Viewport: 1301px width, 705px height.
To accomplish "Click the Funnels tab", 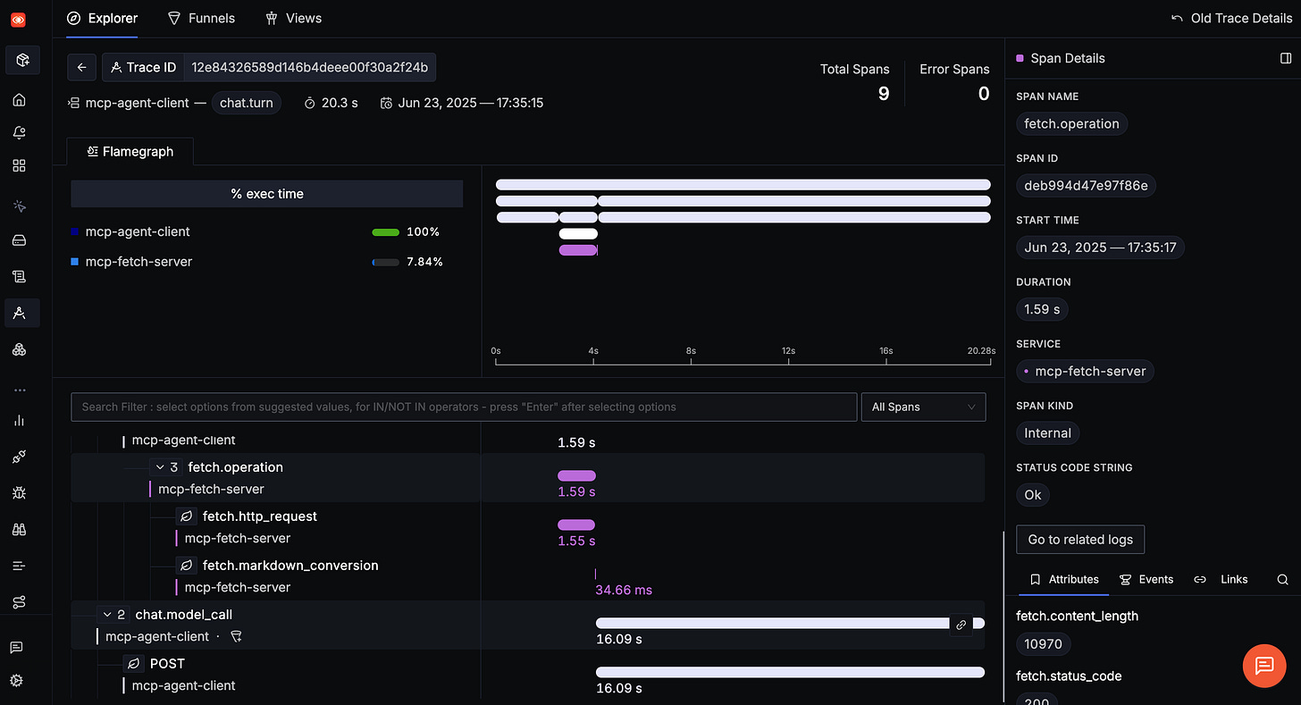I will click(202, 18).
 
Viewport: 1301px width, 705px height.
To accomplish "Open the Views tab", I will click(294, 18).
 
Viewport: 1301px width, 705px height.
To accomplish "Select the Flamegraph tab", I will click(130, 152).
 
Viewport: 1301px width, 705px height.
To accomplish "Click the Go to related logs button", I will click(1079, 540).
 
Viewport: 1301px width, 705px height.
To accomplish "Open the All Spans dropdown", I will click(922, 407).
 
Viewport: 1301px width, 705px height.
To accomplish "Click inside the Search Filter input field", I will click(463, 407).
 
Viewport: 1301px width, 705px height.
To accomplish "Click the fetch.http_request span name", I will click(259, 516).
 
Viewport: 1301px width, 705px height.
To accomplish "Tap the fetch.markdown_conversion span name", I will click(290, 566).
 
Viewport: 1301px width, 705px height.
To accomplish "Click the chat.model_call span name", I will click(183, 615).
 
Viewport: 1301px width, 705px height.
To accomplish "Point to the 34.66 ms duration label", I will click(624, 590).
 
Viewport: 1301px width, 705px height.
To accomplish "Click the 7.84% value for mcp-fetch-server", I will click(424, 262).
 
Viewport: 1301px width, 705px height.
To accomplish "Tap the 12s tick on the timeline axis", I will click(788, 352).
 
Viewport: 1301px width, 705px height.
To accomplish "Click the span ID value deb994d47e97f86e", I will click(1086, 186).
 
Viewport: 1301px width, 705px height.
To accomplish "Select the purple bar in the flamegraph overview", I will click(577, 250).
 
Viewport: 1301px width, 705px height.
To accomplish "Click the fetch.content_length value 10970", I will click(1043, 643).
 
